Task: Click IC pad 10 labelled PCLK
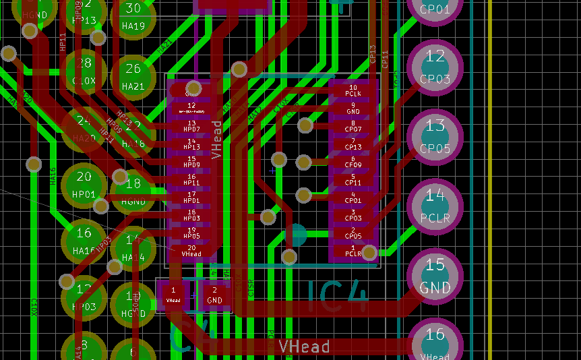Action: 353,90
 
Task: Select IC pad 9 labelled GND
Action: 353,108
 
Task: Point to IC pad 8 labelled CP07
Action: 353,126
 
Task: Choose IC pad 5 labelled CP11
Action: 353,179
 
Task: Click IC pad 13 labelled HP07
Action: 191,125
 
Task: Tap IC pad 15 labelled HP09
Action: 191,161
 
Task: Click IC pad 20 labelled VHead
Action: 191,251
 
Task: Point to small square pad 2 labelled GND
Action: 214,295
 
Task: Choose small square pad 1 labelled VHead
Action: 173,295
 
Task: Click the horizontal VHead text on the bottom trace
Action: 305,347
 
